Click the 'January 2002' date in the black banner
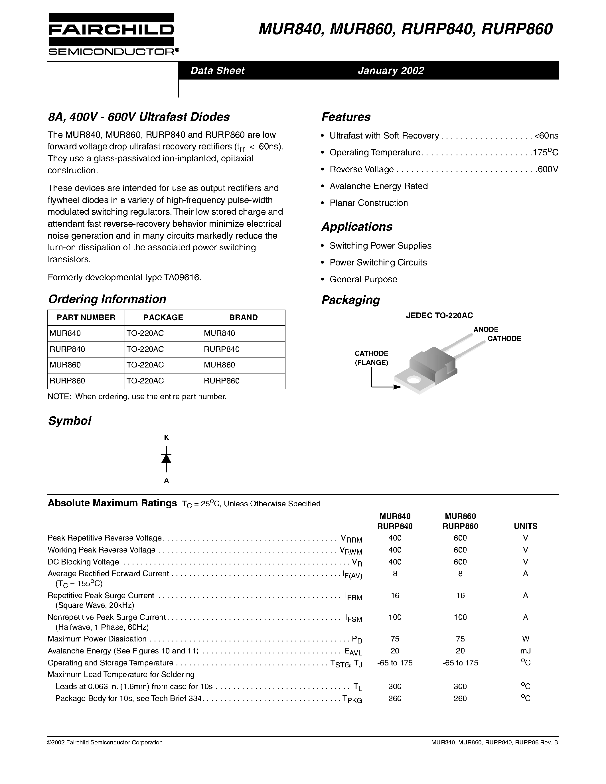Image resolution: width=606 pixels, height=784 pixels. coord(391,70)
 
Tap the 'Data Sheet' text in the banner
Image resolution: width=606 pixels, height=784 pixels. coord(217,70)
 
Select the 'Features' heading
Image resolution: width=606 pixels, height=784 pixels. coord(346,117)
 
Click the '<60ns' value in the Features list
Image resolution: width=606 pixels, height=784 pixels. coord(546,136)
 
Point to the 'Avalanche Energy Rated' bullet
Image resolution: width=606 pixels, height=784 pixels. coord(378,186)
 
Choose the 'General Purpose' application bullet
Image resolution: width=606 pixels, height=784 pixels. coord(363,279)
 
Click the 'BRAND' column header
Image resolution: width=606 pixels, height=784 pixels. coord(244,317)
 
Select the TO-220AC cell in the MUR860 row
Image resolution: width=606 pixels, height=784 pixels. coord(145,365)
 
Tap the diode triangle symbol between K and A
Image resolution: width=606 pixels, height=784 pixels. coord(166,458)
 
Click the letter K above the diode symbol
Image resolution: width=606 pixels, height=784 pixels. coord(166,437)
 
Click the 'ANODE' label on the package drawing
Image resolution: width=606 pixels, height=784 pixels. coord(486,329)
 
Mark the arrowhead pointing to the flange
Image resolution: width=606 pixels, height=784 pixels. coord(398,387)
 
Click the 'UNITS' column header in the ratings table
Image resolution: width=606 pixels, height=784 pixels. coord(525,526)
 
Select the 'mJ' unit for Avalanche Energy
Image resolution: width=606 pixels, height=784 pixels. coord(525,651)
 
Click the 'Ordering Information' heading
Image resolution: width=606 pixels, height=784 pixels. coord(107,299)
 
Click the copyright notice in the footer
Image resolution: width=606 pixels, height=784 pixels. coord(105,742)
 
